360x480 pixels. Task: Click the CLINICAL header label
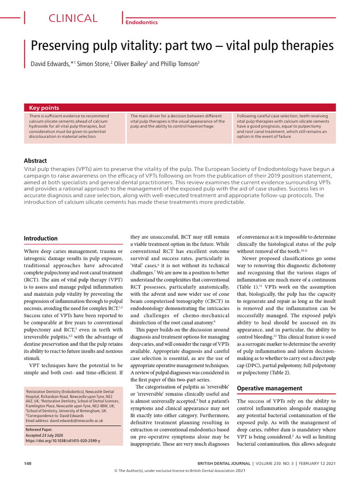coord(73,19)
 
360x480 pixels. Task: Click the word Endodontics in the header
coord(142,22)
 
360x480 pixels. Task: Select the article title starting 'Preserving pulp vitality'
coord(182,46)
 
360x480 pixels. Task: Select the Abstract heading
coord(35,160)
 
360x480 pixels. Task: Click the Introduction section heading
coord(41,238)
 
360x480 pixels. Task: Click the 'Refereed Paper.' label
coord(39,429)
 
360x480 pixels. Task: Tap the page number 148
coord(28,463)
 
